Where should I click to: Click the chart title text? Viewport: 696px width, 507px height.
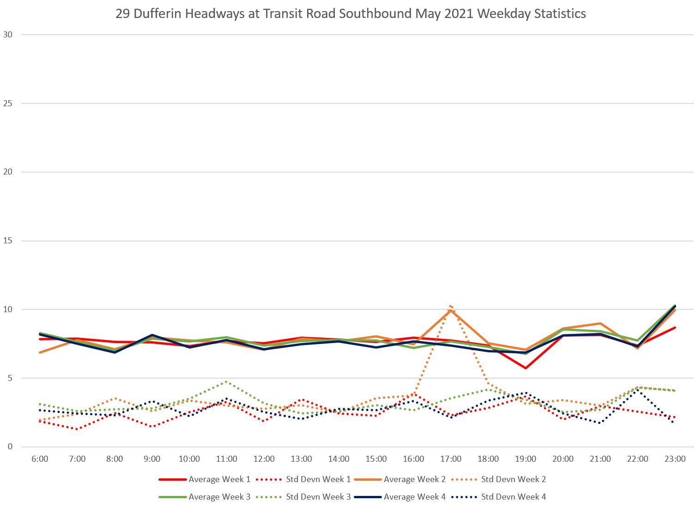351,14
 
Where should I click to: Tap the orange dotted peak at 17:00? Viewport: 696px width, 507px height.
450,306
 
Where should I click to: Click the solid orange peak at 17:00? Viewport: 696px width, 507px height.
451,310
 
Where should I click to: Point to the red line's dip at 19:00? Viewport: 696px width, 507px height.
526,368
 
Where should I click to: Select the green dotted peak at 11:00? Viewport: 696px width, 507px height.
226,382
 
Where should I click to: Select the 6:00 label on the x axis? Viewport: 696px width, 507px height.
40,459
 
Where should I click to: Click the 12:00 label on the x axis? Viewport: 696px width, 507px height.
264,459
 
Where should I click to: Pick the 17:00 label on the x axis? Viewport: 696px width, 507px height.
451,459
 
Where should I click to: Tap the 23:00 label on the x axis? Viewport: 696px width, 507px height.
675,459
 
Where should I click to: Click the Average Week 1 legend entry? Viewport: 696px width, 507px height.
205,479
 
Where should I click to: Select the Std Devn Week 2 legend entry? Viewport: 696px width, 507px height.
498,479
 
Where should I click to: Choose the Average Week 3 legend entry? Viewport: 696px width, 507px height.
205,497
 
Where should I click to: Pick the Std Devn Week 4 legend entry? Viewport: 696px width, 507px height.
498,497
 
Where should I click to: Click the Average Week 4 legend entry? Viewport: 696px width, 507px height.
400,497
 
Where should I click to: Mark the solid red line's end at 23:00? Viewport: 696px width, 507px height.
675,328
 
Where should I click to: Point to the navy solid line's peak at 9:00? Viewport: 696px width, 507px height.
152,335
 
